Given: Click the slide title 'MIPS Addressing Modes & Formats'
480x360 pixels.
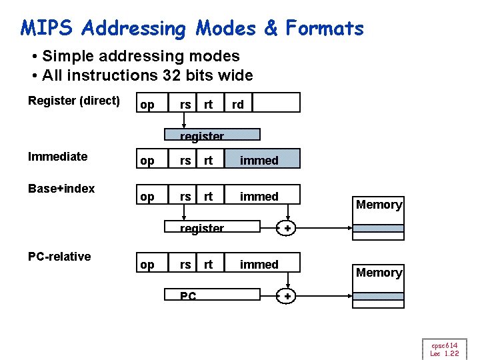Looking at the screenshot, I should [x=192, y=28].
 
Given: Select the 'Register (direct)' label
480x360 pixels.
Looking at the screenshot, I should [x=74, y=101].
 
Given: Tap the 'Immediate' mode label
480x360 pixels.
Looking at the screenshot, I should [x=58, y=157].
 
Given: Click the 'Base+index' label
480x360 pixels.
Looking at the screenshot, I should [x=61, y=189].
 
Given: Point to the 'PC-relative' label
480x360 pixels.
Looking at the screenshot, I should [x=59, y=257].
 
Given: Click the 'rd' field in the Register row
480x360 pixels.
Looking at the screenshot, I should [x=237, y=104].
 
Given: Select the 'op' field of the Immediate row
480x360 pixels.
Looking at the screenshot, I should [x=147, y=161].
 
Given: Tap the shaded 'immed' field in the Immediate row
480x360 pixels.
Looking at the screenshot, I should [x=259, y=160].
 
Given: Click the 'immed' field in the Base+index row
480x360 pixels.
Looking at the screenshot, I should [x=259, y=196].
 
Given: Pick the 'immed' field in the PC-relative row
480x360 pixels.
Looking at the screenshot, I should [x=259, y=264].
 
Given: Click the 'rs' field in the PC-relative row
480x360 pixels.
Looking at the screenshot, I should [x=185, y=264].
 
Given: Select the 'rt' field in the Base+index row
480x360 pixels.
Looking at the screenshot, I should [x=209, y=196].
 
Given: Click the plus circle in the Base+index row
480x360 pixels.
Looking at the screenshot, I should [x=287, y=229].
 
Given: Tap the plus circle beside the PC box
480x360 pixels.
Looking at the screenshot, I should [x=287, y=297].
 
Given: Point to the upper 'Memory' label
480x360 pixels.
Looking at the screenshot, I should [x=379, y=205].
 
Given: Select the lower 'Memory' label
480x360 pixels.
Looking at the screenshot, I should [x=379, y=273].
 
